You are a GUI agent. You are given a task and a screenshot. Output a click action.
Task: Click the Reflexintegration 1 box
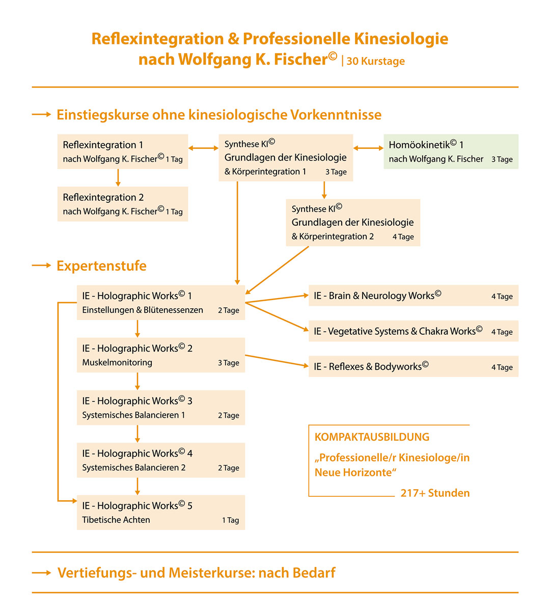pyautogui.click(x=122, y=151)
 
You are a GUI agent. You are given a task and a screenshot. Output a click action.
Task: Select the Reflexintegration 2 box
pyautogui.click(x=122, y=204)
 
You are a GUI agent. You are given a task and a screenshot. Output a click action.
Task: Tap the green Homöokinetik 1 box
pyautogui.click(x=451, y=151)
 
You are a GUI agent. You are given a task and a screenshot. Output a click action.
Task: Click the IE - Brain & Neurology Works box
pyautogui.click(x=413, y=296)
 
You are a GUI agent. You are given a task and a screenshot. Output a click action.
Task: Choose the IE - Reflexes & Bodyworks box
pyautogui.click(x=413, y=366)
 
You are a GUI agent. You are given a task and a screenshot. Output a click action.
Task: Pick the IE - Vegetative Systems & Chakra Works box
pyautogui.click(x=413, y=331)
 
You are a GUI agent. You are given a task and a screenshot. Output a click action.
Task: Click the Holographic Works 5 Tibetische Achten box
pyautogui.click(x=160, y=512)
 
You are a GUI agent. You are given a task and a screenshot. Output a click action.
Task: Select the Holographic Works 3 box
pyautogui.click(x=160, y=407)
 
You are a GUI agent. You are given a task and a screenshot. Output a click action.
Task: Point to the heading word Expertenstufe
pyautogui.click(x=101, y=265)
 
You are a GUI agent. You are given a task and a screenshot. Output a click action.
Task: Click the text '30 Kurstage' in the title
pyautogui.click(x=376, y=61)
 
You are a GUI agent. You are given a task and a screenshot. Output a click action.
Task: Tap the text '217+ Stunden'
pyautogui.click(x=435, y=493)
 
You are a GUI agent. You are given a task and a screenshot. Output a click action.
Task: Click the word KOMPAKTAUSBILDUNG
pyautogui.click(x=372, y=437)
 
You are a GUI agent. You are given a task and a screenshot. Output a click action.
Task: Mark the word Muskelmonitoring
pyautogui.click(x=117, y=363)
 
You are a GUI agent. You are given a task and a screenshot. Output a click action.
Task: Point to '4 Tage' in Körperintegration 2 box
pyautogui.click(x=403, y=237)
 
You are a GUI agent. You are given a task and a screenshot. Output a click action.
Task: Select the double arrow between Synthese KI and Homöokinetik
pyautogui.click(x=368, y=148)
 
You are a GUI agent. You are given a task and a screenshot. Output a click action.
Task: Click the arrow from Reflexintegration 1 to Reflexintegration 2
pyautogui.click(x=118, y=177)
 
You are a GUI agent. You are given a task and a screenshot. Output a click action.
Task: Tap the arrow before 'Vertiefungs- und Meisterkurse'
pyautogui.click(x=41, y=573)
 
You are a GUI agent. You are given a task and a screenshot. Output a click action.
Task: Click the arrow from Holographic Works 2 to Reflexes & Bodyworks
pyautogui.click(x=277, y=360)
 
